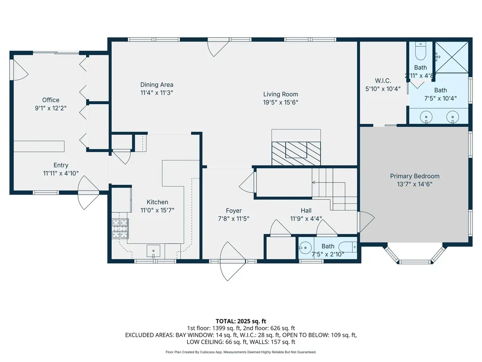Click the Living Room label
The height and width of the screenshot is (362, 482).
click(281, 94)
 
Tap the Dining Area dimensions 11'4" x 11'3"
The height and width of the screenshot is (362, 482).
click(157, 93)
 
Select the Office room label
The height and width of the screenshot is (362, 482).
click(51, 100)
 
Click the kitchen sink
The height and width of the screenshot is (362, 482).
click(154, 250)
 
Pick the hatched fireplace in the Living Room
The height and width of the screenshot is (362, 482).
click(296, 152)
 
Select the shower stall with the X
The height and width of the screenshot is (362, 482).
click(451, 57)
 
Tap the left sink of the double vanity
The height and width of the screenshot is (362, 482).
click(426, 116)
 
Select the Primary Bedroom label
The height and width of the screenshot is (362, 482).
click(415, 176)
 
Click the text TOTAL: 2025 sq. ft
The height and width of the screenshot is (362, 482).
click(241, 321)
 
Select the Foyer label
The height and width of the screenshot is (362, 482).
click(233, 211)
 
